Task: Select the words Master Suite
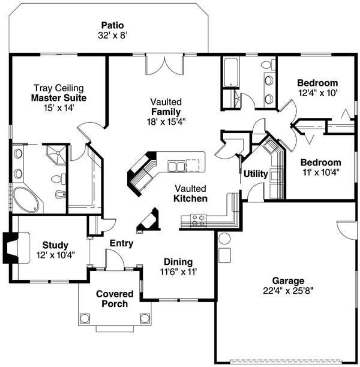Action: tap(59, 97)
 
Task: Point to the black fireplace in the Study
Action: tap(10, 248)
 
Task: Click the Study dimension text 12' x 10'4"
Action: tap(55, 255)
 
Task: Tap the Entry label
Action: tap(121, 244)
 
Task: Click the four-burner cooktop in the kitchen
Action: tap(197, 221)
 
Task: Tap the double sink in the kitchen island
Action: tap(176, 166)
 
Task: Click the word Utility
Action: tap(256, 175)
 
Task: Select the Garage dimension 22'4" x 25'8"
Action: tap(288, 291)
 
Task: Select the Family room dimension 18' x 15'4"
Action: tap(166, 121)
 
